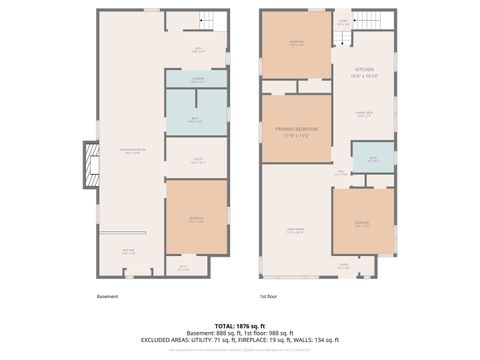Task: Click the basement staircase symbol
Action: click(207, 21)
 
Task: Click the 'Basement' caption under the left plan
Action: click(108, 296)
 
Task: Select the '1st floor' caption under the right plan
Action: click(269, 296)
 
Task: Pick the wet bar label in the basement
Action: click(129, 251)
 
